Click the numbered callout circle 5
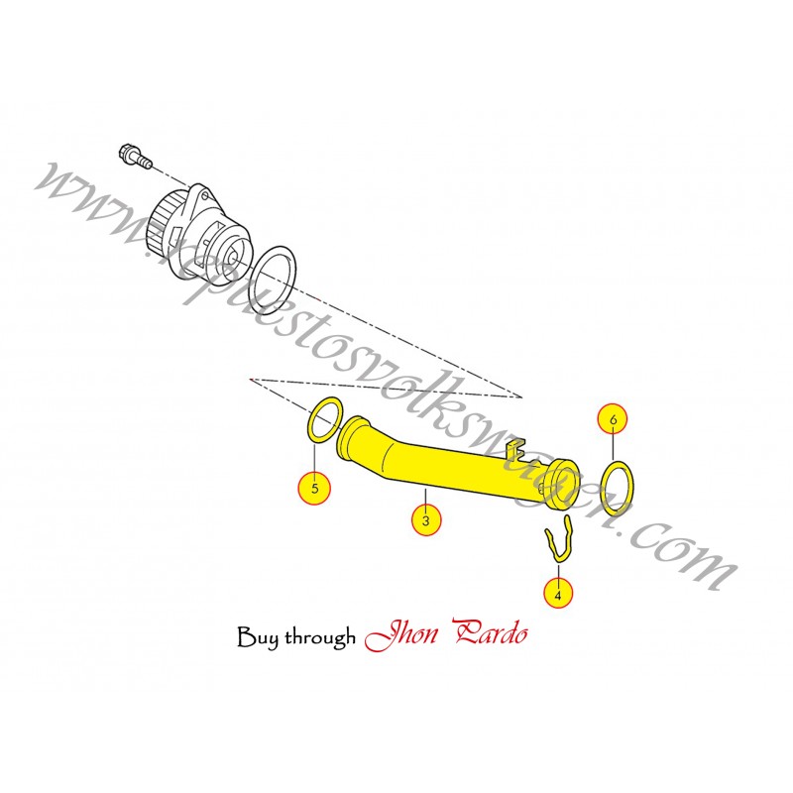click(x=314, y=488)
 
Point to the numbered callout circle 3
click(x=425, y=519)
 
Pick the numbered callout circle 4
click(x=558, y=595)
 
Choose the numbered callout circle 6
click(x=613, y=420)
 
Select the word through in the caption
click(x=319, y=637)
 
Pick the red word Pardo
click(x=490, y=635)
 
